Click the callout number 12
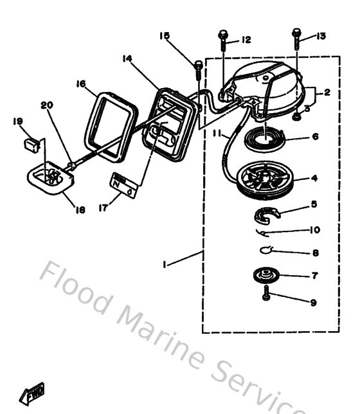tap(246, 40)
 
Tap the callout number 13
tap(321, 36)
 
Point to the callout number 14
tap(127, 59)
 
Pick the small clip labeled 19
tap(28, 142)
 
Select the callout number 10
tap(314, 230)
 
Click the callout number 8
tap(314, 253)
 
